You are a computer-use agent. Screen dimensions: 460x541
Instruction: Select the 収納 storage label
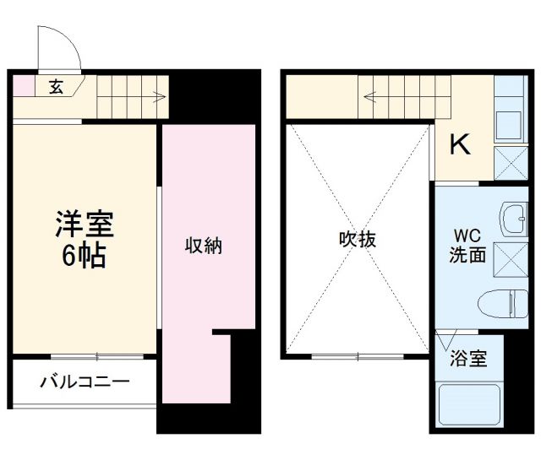pos(204,246)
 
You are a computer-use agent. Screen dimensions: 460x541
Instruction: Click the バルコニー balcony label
pos(85,382)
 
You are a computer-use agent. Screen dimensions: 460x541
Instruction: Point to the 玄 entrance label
pos(55,85)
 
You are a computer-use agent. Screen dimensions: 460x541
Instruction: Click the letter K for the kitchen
pos(459,146)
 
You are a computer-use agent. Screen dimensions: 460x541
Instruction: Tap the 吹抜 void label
pos(358,239)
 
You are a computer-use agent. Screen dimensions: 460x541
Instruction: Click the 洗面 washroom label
pos(467,255)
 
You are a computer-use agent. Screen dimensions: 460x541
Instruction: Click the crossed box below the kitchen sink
pos(510,162)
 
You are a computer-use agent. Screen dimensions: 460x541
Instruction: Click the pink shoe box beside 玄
pos(23,85)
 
